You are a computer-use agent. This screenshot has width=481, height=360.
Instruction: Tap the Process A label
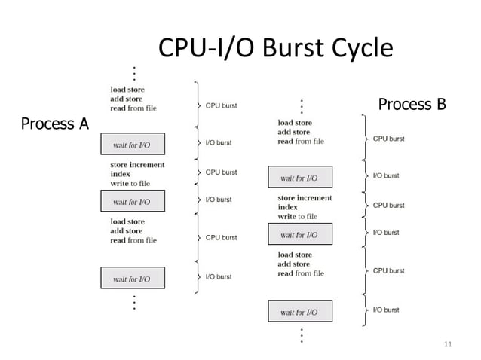54,123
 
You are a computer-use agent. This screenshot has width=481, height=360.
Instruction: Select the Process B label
412,104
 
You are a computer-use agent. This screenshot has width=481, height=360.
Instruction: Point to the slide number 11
448,345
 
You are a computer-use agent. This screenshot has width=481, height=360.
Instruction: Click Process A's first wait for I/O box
132,145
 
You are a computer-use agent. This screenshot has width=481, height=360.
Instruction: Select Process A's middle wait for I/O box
132,201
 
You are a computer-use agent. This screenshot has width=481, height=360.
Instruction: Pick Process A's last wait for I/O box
132,279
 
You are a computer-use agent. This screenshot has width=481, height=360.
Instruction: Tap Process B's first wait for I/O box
299,178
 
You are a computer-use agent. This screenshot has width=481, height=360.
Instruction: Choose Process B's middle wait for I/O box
299,235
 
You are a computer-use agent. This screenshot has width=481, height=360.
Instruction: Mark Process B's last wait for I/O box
299,312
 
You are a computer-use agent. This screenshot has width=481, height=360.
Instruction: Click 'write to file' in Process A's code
130,183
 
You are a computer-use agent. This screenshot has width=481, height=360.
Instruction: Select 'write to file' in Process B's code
297,217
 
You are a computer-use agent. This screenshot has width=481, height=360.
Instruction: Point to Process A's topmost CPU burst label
221,106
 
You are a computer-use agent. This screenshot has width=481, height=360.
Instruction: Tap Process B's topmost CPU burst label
388,139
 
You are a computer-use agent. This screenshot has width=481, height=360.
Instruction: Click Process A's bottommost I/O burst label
219,276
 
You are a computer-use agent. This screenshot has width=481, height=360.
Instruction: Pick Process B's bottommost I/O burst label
386,310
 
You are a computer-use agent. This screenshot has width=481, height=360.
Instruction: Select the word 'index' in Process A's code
120,174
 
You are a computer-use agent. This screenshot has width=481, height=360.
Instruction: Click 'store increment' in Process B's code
305,198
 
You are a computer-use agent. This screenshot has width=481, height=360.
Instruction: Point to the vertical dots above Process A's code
134,74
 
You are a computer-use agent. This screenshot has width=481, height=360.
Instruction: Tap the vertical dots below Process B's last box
302,335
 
